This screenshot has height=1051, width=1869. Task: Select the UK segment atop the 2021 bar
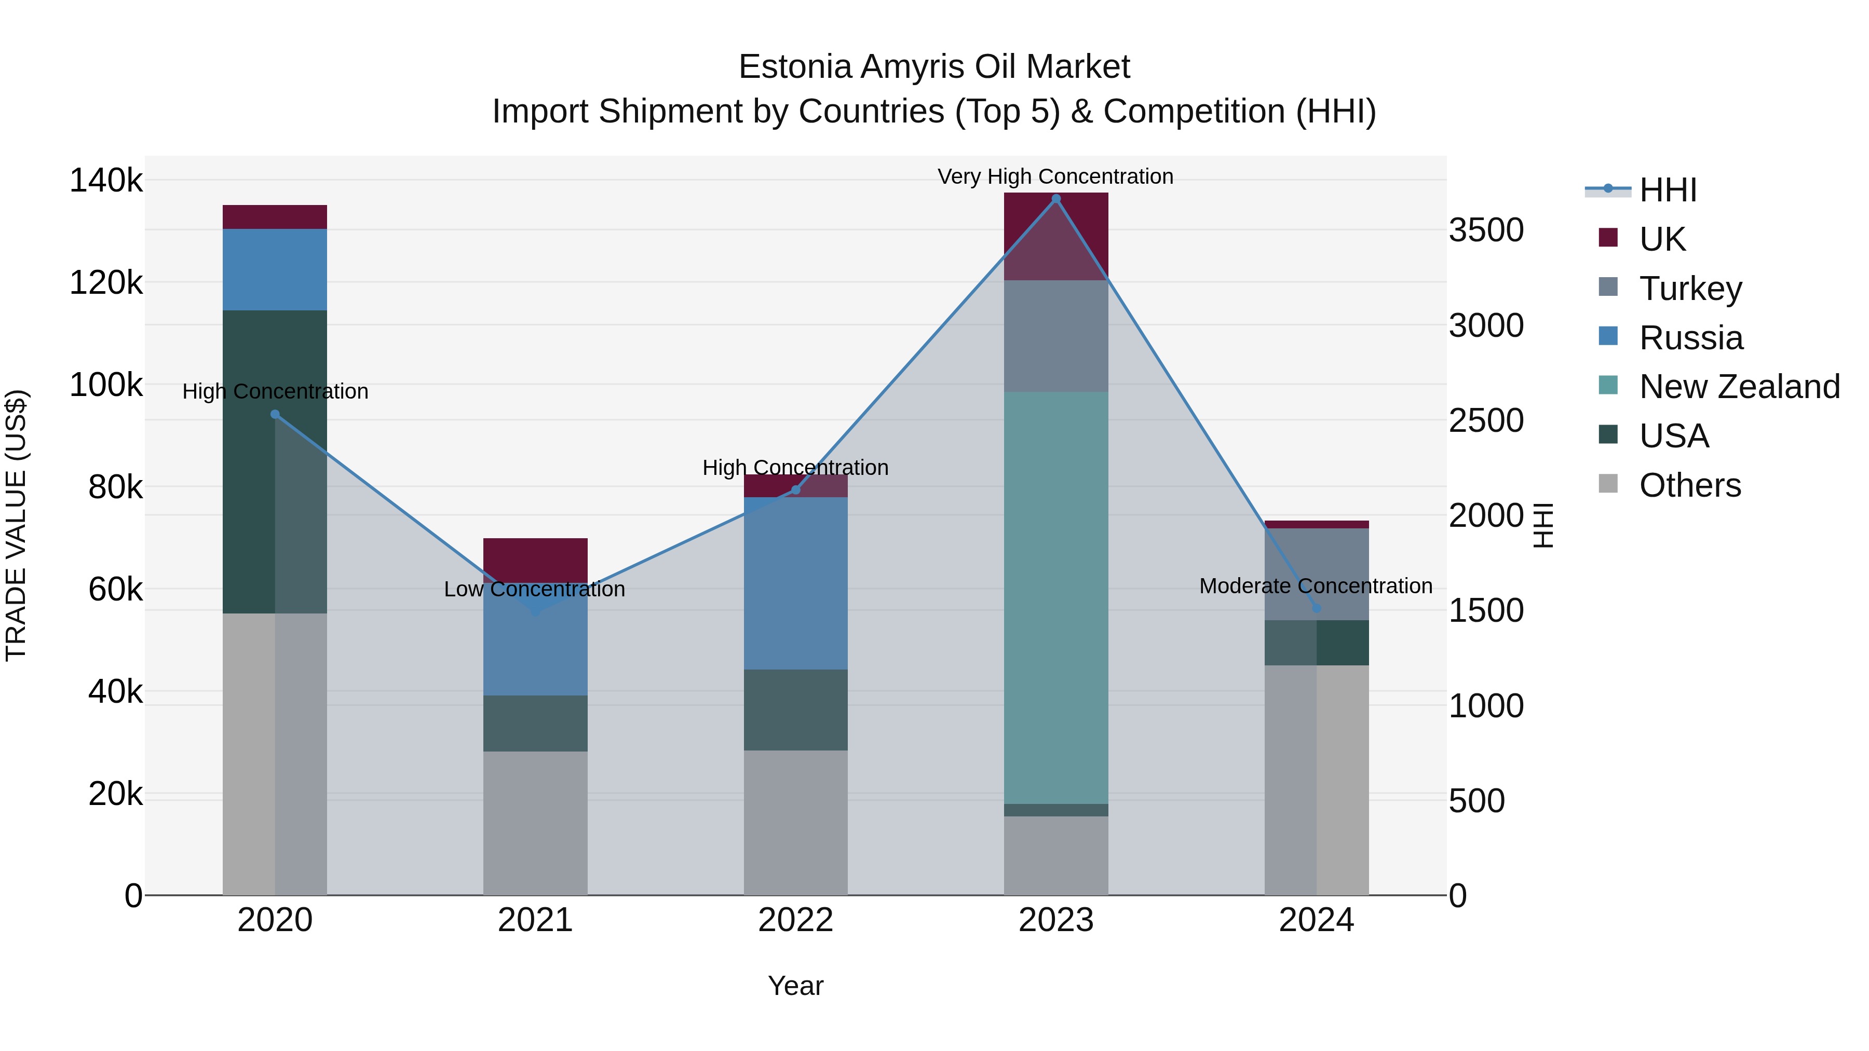[x=535, y=558]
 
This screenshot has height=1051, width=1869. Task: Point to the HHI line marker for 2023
[x=1055, y=199]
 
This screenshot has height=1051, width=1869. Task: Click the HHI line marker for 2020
[x=275, y=414]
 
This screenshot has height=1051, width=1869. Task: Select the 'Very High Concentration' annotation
[x=1055, y=176]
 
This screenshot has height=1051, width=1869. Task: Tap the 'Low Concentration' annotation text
[x=534, y=589]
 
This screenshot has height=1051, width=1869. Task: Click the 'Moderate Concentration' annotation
[x=1316, y=585]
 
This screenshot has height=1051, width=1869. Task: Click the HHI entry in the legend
[x=1667, y=190]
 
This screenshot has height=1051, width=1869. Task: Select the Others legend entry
[x=1690, y=485]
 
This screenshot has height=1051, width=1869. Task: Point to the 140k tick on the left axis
[x=106, y=180]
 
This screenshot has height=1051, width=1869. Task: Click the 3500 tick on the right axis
[x=1486, y=230]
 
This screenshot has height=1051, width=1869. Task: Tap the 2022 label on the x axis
[x=795, y=920]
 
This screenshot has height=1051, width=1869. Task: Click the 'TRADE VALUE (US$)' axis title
[x=16, y=525]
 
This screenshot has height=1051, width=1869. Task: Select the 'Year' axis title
[x=795, y=986]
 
